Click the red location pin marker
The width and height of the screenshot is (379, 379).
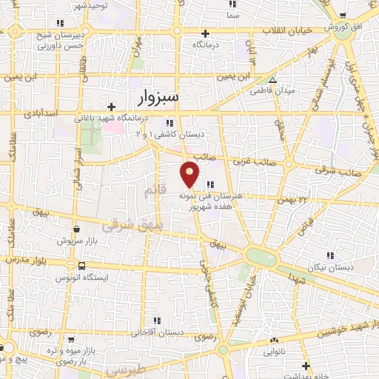[x=190, y=175]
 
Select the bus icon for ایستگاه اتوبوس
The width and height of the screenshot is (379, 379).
[x=81, y=266]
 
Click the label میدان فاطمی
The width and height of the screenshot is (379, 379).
[x=278, y=91]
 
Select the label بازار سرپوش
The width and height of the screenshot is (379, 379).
[x=76, y=241]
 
